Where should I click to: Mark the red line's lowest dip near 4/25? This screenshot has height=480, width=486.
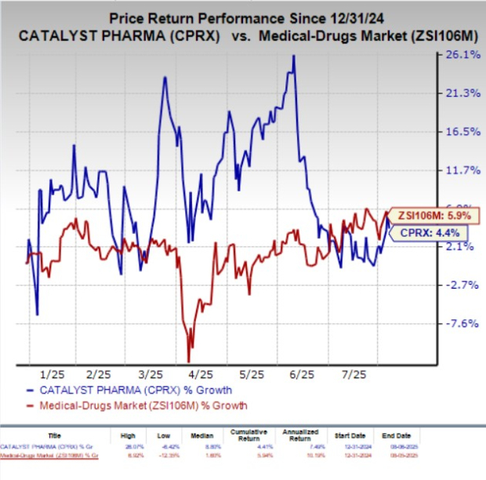[189, 359]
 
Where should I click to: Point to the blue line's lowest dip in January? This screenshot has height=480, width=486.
[37, 315]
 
